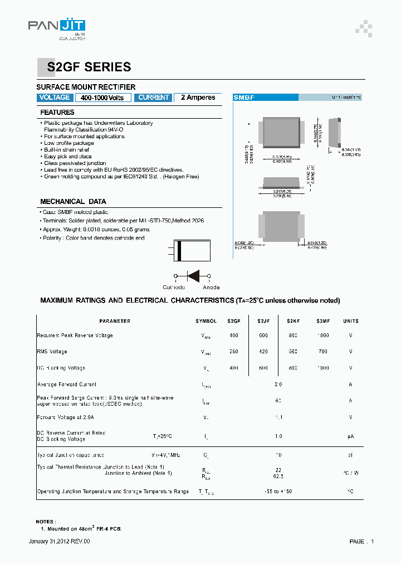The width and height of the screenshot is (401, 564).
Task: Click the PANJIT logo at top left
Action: pos(57,28)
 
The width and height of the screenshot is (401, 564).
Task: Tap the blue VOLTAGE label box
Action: pos(55,98)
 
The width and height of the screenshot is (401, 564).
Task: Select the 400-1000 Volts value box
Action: pos(102,98)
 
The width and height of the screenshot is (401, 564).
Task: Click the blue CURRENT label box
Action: pos(153,98)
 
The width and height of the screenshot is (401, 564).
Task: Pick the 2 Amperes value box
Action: pos(198,98)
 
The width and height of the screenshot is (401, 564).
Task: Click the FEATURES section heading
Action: pos(57,113)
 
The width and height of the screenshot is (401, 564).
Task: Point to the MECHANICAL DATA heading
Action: pos(73,202)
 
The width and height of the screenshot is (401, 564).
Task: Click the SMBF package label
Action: pos(244,98)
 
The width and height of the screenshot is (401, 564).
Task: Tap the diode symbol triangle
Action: pos(194,276)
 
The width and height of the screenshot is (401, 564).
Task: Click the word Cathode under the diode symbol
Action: pos(174,288)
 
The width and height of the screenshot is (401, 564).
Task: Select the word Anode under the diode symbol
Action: pos(211,288)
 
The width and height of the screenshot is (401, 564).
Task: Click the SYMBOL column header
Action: pos(206,321)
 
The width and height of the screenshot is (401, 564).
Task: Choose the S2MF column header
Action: pos(323,321)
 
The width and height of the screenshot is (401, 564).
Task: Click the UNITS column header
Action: pos(351,321)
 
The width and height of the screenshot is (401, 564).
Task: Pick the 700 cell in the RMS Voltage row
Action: pos(323,352)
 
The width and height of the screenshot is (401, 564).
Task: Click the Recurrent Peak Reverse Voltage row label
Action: pos(75,336)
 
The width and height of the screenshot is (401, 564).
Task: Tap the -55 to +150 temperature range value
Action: pos(278,492)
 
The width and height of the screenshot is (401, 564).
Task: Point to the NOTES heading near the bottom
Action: pos(46,521)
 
